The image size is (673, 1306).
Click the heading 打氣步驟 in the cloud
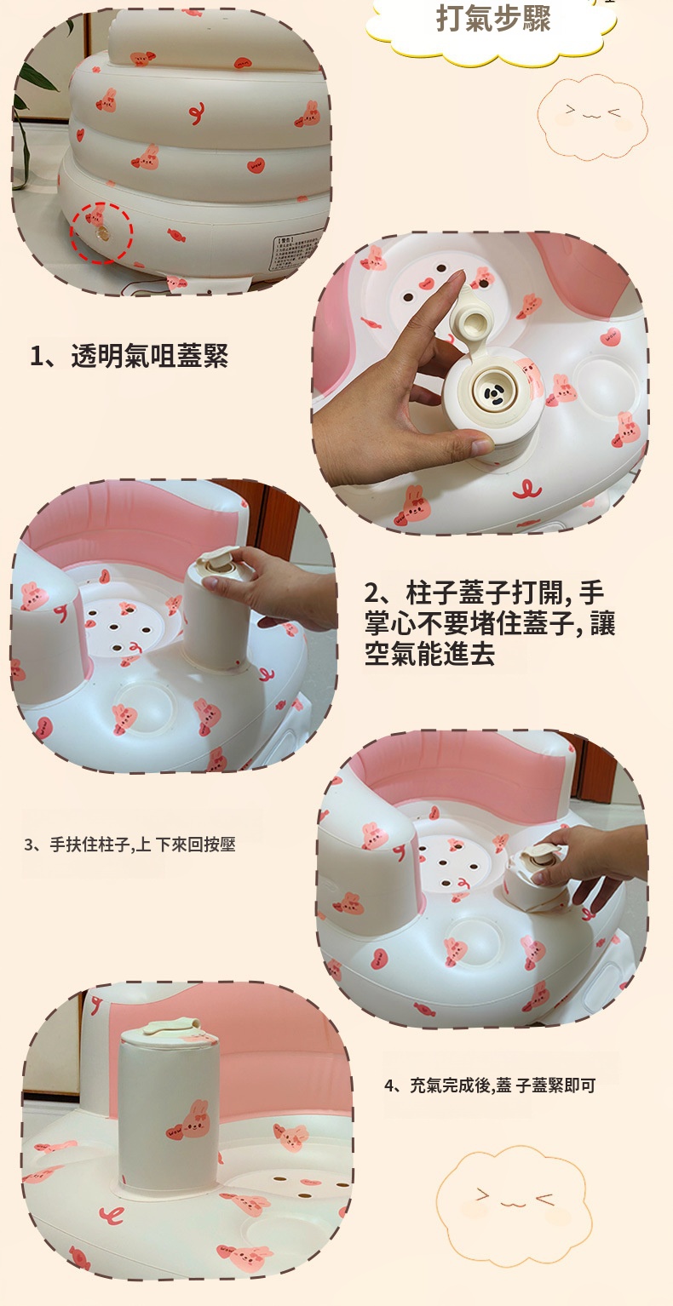493,19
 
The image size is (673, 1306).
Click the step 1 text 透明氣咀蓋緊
149,356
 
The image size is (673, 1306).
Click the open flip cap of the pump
474,319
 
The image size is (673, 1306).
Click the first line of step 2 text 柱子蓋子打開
484,593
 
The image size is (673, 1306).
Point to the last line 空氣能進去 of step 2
430,654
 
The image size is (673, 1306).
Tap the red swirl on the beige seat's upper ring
198,114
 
